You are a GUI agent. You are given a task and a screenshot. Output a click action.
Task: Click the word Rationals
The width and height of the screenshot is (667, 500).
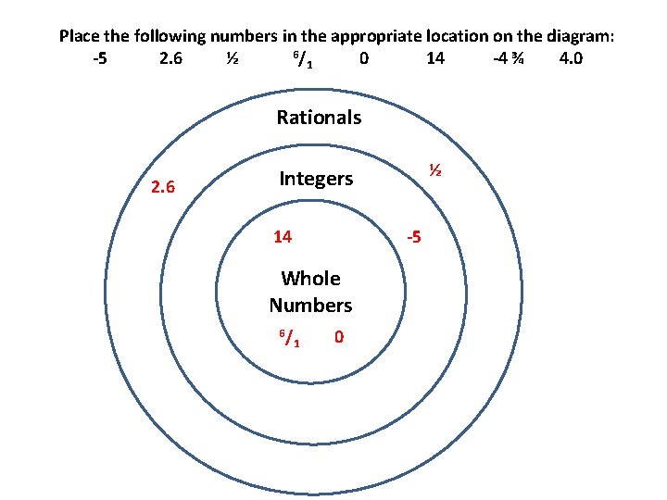pos(319,118)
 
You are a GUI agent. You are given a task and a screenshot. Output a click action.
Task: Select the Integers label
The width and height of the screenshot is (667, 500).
pos(316,179)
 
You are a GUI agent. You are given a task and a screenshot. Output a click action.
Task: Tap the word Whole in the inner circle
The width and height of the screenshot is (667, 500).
pos(310,279)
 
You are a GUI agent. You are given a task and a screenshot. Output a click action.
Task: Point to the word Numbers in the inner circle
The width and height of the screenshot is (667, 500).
pos(310,305)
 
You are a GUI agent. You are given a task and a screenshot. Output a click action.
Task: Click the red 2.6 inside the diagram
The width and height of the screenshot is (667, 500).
pos(163,188)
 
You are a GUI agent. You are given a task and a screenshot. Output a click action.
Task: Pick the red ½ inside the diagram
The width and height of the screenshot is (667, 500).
pos(433,171)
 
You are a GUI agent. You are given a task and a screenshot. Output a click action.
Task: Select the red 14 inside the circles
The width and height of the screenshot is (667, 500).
pos(283,237)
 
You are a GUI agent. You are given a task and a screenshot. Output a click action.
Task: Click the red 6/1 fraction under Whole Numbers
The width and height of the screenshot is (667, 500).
pos(287,338)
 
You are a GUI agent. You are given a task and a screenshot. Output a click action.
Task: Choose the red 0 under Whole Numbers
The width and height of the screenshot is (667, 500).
pos(339,337)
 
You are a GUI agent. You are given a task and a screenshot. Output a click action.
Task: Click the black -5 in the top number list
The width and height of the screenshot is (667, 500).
pos(100,59)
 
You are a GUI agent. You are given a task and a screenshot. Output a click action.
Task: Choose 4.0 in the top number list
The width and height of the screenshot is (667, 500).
pos(571,59)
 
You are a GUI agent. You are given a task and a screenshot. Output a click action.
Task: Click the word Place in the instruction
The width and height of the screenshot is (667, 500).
pos(80,37)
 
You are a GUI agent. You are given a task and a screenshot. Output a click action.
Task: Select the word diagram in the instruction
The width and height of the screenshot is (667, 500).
pos(579,37)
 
